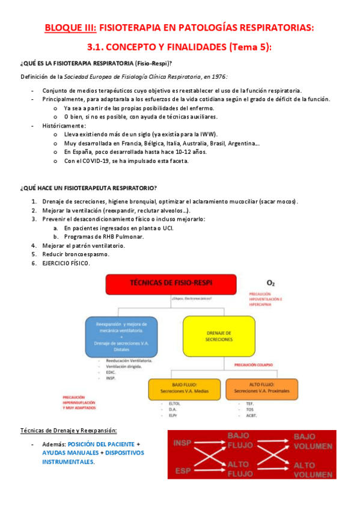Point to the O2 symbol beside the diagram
(270, 282)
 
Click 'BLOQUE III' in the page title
(70, 28)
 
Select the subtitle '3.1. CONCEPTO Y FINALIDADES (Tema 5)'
(180, 47)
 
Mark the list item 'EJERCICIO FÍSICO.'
(67, 263)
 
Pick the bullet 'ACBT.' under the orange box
(248, 415)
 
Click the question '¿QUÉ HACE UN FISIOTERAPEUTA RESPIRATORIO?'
(88, 188)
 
